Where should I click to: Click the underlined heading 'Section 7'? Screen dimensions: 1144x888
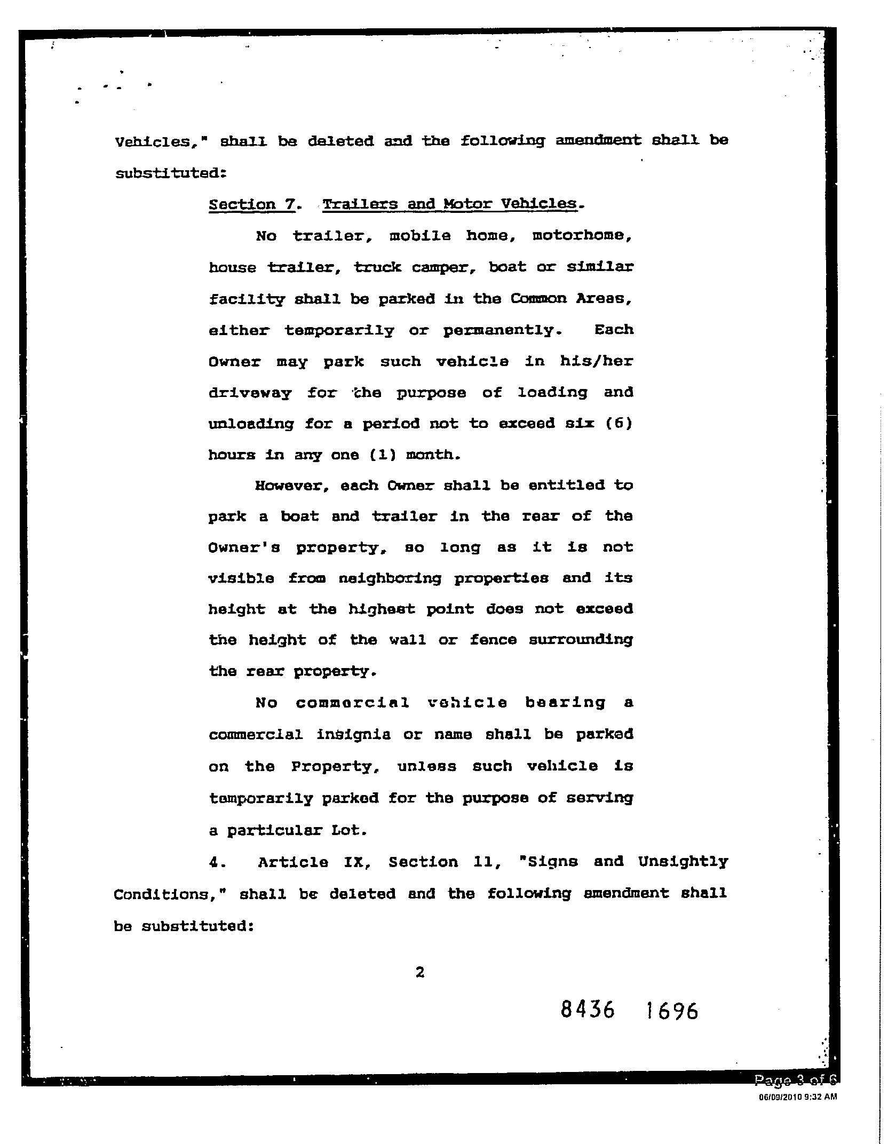[x=251, y=204]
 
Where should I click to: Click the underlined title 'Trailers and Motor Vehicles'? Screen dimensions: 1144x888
[x=449, y=204]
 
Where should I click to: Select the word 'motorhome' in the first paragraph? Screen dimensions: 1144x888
[x=582, y=236]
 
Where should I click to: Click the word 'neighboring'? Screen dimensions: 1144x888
[x=390, y=578]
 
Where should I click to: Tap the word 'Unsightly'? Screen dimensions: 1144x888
[x=683, y=862]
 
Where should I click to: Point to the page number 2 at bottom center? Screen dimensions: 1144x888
[x=420, y=973]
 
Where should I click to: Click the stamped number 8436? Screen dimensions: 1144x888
[x=588, y=1010]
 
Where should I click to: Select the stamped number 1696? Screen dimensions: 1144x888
[x=671, y=1011]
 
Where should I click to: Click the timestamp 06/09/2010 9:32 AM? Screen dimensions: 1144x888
[x=797, y=1097]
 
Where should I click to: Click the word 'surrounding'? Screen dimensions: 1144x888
[x=581, y=640]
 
